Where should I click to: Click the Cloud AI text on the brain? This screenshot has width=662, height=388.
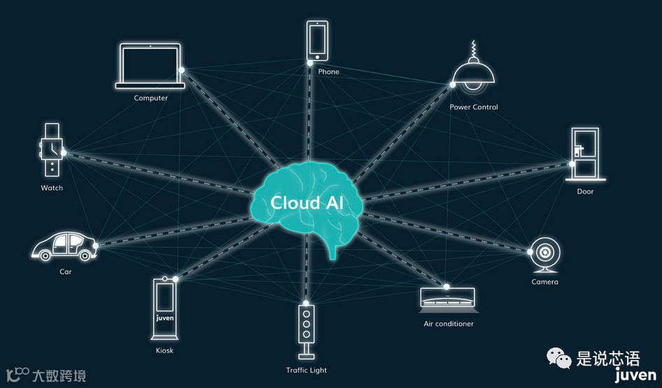[x=307, y=203]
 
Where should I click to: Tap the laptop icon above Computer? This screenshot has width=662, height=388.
[x=150, y=66]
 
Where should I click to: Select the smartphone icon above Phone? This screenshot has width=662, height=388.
[x=317, y=40]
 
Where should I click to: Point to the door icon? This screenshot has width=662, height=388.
[x=584, y=155]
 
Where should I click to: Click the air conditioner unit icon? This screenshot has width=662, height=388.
[x=447, y=297]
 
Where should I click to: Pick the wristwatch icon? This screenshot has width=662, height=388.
[x=51, y=149]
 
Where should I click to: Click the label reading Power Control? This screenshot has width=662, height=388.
[x=474, y=107]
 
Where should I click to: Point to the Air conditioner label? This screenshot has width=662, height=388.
[x=448, y=324]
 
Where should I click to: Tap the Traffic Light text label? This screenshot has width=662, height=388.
[x=306, y=370]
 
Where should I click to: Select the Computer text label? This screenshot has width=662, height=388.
[x=151, y=98]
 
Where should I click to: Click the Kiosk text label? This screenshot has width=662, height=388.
[x=164, y=350]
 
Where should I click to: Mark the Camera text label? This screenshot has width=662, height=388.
[x=545, y=282]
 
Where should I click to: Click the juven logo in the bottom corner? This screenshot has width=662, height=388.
[x=635, y=376]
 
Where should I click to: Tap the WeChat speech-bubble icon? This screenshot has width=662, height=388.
[x=559, y=359]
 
